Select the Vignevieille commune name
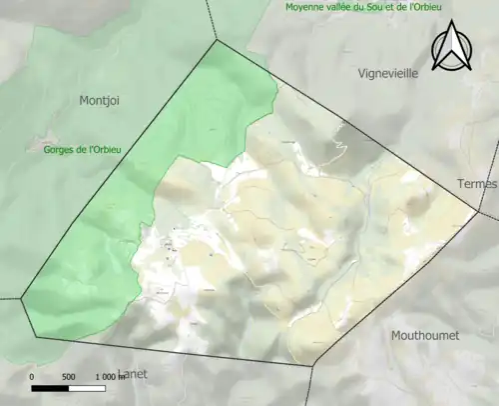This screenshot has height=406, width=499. pyautogui.click(x=392, y=73)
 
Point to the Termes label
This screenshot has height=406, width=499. pyautogui.click(x=475, y=184)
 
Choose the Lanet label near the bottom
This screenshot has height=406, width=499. pyautogui.click(x=133, y=374)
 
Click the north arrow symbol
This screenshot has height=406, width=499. pyautogui.click(x=452, y=47)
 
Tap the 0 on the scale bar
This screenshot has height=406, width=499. pyautogui.click(x=32, y=376)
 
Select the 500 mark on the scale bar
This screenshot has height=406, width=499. pyautogui.click(x=68, y=376)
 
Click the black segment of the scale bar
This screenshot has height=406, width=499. pyautogui.click(x=50, y=387)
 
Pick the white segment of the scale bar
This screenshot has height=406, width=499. pyautogui.click(x=87, y=387)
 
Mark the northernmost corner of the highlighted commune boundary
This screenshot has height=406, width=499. pyautogui.click(x=217, y=40)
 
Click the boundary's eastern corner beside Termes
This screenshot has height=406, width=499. pyautogui.click(x=477, y=212)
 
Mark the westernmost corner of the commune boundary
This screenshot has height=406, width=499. pyautogui.click(x=21, y=298)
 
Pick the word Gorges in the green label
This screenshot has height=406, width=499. pyautogui.click(x=61, y=148)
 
